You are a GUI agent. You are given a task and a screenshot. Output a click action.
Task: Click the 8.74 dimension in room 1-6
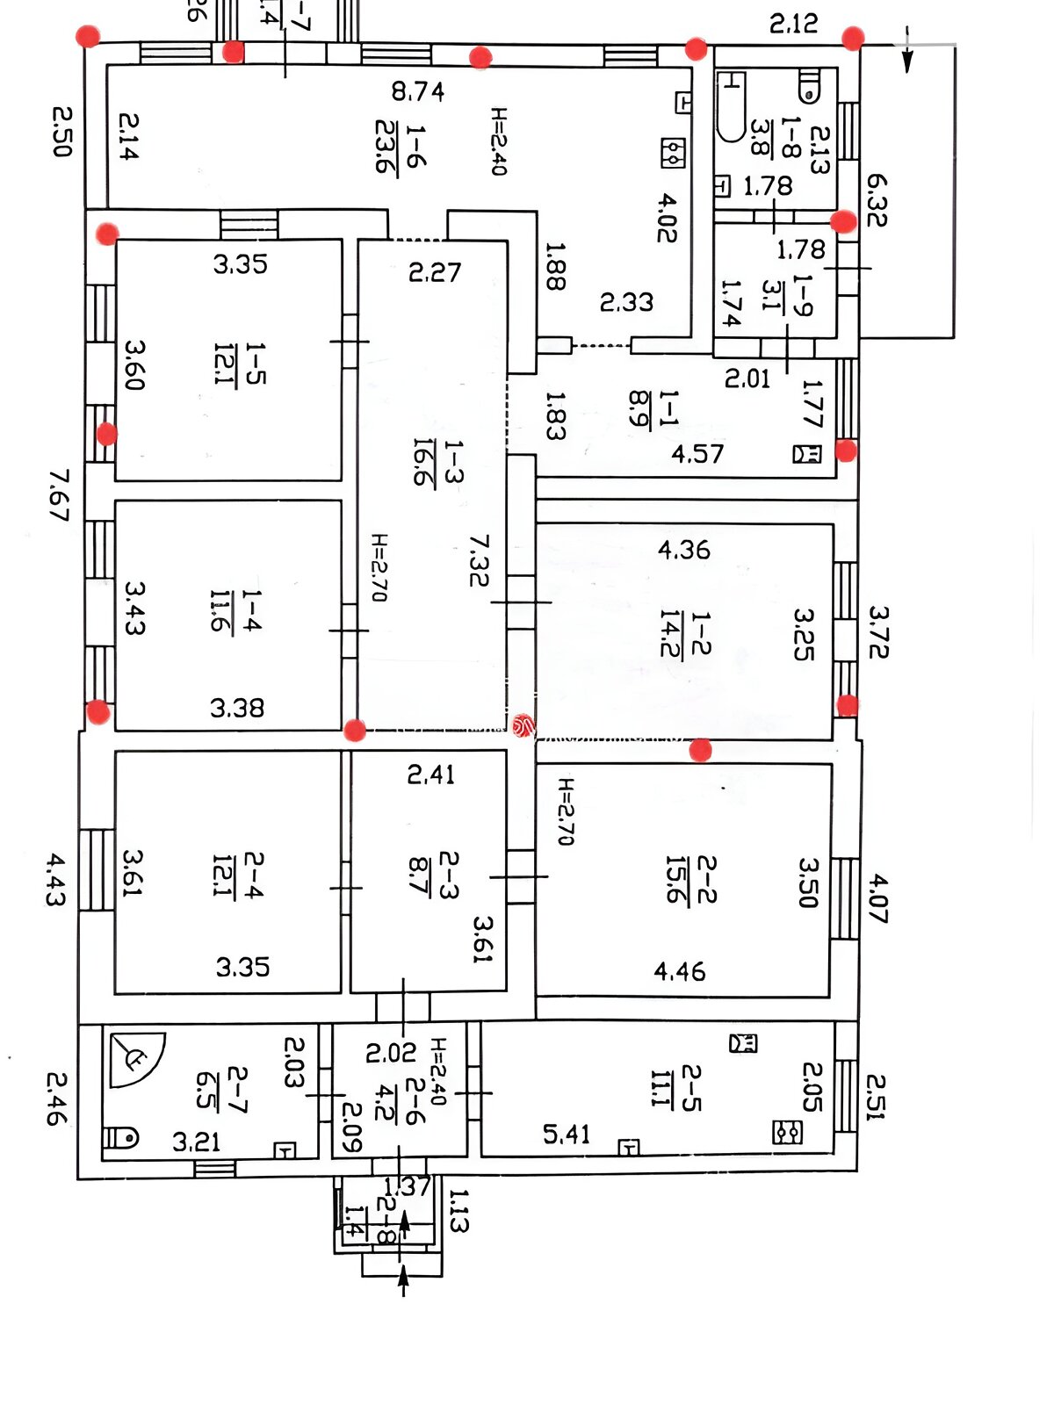418,91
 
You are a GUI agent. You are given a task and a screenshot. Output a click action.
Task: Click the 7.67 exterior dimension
59,495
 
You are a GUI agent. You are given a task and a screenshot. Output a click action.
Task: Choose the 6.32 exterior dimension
877,200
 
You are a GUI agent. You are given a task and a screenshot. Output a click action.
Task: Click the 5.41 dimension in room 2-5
567,1135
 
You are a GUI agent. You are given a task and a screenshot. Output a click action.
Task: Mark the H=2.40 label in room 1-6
499,141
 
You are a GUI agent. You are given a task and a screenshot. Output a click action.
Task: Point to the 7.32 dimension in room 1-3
479,560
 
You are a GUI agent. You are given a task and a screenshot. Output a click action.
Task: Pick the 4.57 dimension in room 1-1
697,454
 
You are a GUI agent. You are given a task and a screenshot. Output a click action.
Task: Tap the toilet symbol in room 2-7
121,1138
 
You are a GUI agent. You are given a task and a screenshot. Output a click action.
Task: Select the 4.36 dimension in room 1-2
683,550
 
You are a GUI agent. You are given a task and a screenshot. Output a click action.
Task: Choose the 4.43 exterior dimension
54,879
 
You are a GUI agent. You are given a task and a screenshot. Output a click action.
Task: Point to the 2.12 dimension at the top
793,23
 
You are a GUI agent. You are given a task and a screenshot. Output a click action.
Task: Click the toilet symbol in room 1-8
810,86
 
